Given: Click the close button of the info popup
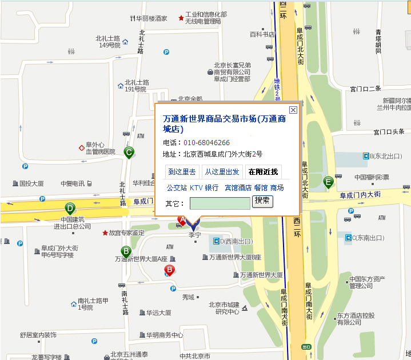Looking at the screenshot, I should (x=293, y=110).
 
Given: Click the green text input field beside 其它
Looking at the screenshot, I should (x=220, y=203).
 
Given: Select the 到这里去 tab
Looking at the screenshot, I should (x=181, y=171).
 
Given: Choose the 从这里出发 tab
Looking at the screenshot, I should (x=222, y=171).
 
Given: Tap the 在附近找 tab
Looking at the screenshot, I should (x=263, y=171).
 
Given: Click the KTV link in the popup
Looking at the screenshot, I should (x=196, y=187).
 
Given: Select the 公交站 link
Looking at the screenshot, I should (x=177, y=187).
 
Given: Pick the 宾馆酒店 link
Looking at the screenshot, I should (x=238, y=187).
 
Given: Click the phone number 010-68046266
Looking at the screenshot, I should (x=206, y=142).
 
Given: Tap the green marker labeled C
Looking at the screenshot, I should (x=129, y=152).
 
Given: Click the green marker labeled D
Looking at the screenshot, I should (x=70, y=208).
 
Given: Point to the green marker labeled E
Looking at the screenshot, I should (x=328, y=182).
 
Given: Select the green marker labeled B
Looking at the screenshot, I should (x=126, y=251).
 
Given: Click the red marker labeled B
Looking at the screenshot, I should (x=169, y=270).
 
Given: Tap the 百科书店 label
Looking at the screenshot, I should (x=262, y=34).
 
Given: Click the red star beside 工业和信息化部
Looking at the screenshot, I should (x=181, y=18).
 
